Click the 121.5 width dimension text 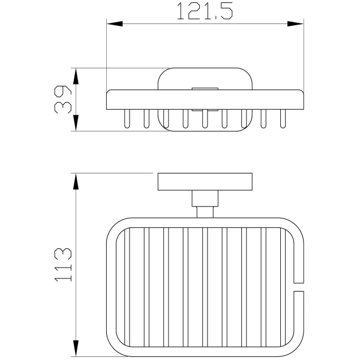coord(205,11)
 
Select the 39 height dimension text coord(63,100)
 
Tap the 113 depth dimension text coord(63,265)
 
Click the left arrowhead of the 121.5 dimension coord(115,23)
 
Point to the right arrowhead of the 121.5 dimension coord(295,23)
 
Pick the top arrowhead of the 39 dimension coord(76,76)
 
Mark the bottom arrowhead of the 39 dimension coord(76,123)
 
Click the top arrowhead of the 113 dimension coord(76,181)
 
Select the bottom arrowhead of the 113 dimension coord(76,348)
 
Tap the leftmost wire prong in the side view coord(127,118)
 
